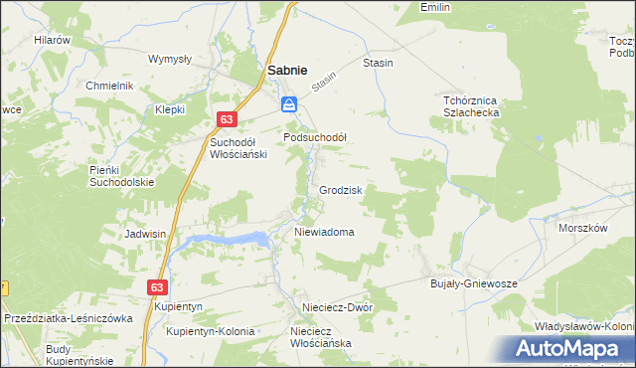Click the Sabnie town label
click(286, 71)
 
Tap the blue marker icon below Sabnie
click(288, 104)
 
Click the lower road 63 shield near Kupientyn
click(157, 286)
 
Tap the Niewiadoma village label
click(324, 232)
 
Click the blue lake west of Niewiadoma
click(229, 240)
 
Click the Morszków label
click(582, 228)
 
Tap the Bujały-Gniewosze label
click(473, 283)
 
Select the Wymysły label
click(169, 59)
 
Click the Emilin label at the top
click(435, 7)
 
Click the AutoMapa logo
click(574, 349)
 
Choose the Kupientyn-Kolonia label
click(211, 331)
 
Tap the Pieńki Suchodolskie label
click(121, 176)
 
